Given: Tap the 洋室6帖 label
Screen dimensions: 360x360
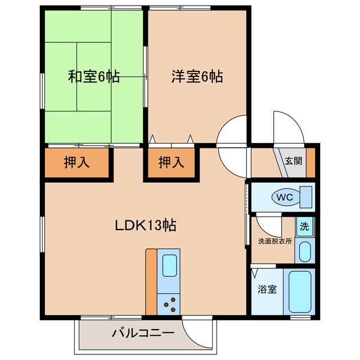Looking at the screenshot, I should click(x=197, y=77).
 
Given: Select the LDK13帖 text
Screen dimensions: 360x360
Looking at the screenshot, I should click(x=146, y=226).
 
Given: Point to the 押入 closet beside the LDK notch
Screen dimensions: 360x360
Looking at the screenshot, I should click(x=171, y=163).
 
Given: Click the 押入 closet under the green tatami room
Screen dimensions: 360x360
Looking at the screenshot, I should click(x=76, y=163).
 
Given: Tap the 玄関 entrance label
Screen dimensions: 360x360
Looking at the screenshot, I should click(x=292, y=160).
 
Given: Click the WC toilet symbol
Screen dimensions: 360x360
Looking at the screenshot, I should click(x=284, y=197).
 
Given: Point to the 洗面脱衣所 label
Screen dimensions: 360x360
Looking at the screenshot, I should click(x=274, y=241).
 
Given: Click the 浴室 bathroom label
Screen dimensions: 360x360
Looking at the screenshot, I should click(x=267, y=290).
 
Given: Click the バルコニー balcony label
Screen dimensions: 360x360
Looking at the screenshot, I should click(x=143, y=332).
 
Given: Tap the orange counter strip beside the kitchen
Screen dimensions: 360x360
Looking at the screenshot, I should click(x=151, y=281).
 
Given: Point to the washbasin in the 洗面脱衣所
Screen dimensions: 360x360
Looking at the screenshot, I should click(x=305, y=251).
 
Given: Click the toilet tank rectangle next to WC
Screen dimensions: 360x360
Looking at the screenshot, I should click(x=307, y=197).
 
